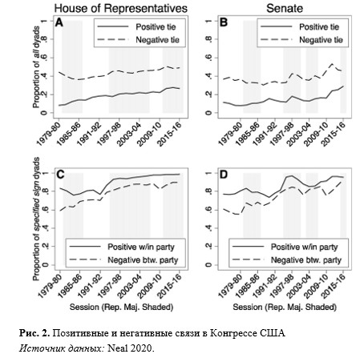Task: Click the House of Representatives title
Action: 121,9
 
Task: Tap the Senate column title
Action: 285,9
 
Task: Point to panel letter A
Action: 59,22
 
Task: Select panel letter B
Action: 224,22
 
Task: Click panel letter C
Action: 60,175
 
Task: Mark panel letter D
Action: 224,175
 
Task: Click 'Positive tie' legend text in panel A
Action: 156,27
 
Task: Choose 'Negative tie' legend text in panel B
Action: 321,40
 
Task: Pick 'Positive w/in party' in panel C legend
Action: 141,247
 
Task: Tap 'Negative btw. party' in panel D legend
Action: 306,260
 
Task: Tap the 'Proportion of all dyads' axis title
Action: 36,67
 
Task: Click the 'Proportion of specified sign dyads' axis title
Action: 36,219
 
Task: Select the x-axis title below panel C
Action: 121,308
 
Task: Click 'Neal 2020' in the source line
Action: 131,348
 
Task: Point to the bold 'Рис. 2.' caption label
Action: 34,333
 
